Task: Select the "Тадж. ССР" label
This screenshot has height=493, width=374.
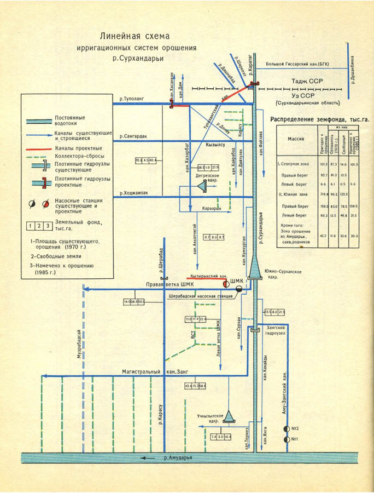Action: (306, 81)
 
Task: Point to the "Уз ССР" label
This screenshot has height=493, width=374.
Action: (304, 94)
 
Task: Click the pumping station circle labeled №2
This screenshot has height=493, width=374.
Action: (286, 428)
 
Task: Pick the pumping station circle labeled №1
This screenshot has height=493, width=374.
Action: (286, 439)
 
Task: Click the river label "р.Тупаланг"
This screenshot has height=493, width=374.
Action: (132, 100)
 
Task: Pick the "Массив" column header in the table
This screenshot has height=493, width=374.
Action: (295, 139)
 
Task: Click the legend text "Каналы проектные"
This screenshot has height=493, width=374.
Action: (78, 148)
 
